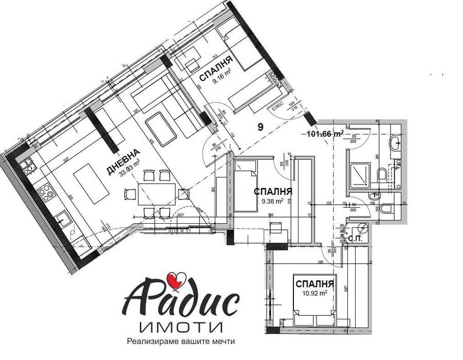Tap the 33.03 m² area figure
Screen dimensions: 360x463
pyautogui.click(x=129, y=168)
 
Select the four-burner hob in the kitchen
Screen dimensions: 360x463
pyautogui.click(x=45, y=192)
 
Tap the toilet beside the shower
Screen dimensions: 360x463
pyautogui.click(x=383, y=176)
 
